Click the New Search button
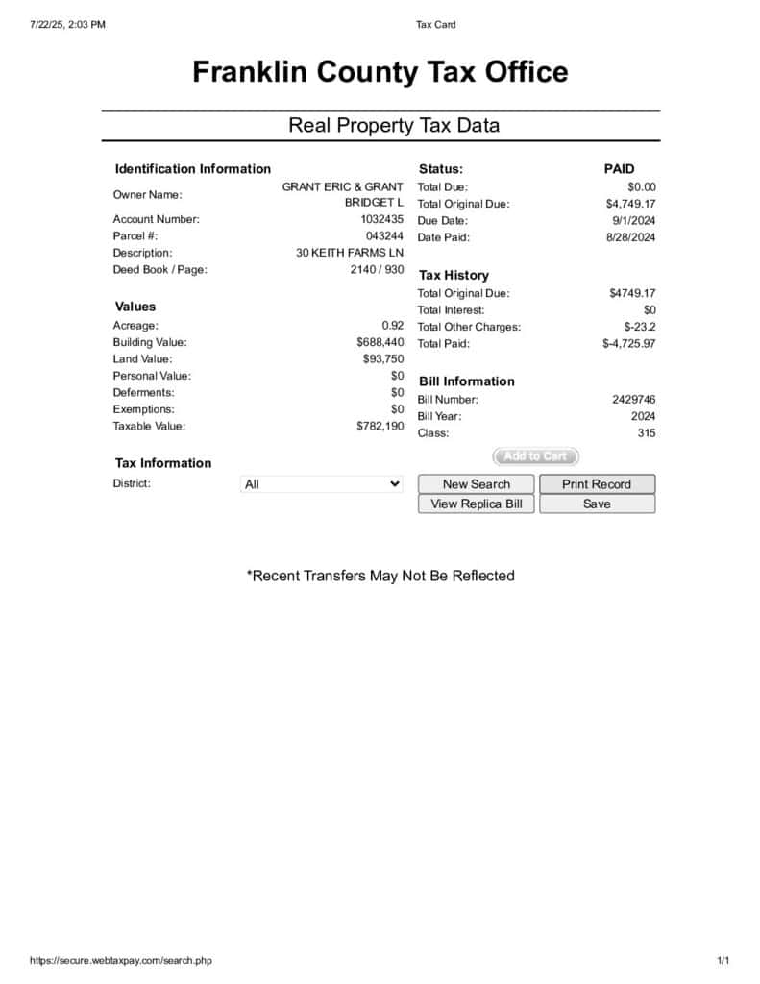tap(477, 484)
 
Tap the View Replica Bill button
tap(477, 504)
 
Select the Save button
tap(597, 504)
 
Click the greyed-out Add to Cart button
tap(536, 456)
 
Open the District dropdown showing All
tap(321, 484)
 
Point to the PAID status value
tap(619, 169)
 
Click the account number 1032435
tap(381, 219)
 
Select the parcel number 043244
tap(384, 236)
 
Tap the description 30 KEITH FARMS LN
tap(350, 253)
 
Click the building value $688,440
tap(380, 342)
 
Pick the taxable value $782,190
tap(380, 427)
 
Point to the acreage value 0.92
tap(392, 326)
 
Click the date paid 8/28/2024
tap(630, 237)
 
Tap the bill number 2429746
tap(634, 400)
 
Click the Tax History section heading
tap(454, 276)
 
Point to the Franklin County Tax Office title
tap(380, 72)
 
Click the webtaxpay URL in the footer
tap(121, 960)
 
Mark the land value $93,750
tap(383, 359)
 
